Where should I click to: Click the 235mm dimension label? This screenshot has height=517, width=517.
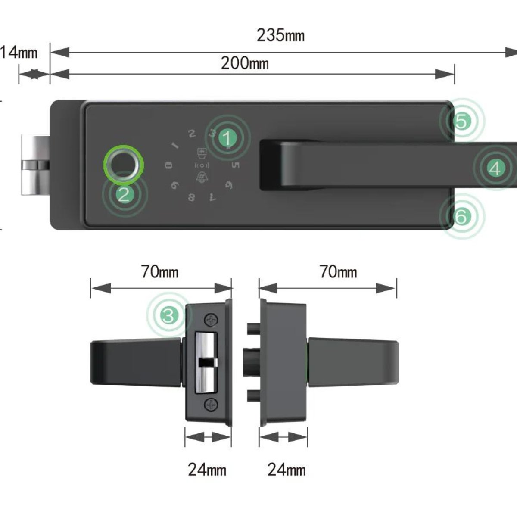(280, 35)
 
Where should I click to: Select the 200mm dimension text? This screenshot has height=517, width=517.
(245, 63)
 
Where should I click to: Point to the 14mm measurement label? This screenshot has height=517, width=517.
(18, 53)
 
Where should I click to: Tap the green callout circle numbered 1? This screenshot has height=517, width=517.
(227, 138)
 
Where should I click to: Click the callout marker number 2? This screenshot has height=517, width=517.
(124, 195)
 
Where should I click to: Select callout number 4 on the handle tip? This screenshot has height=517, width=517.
(495, 168)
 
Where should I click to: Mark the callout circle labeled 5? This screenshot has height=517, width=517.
(461, 122)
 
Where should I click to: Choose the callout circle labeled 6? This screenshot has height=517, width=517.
(461, 217)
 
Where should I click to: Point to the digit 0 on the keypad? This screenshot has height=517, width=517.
(169, 165)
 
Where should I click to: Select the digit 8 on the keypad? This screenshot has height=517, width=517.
(192, 197)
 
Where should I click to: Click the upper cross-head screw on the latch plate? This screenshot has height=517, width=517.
(211, 320)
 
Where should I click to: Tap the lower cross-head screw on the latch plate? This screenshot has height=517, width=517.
(211, 405)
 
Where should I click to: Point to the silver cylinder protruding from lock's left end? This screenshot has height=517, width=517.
(34, 165)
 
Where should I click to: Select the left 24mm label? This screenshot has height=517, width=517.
(207, 469)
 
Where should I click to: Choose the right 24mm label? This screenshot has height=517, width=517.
(287, 469)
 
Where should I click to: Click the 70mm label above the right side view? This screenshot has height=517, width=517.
(338, 272)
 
